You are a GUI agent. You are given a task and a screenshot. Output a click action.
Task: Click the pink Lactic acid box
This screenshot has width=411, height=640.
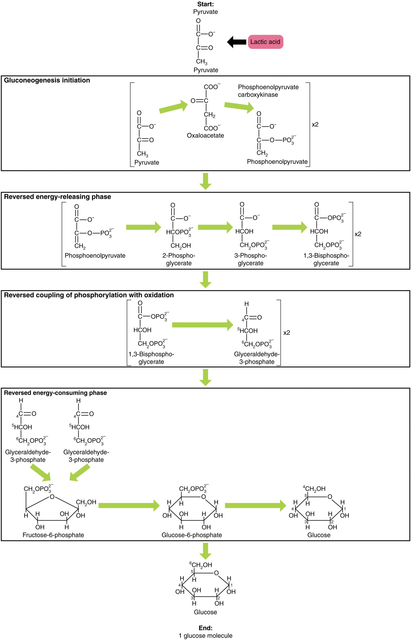point(265,42)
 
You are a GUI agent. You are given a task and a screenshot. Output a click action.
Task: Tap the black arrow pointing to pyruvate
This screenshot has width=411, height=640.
point(236,42)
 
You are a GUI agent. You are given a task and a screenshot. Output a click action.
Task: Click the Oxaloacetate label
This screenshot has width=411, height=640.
point(205,135)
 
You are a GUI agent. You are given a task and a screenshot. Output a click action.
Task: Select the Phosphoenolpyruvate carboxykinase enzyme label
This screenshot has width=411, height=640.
point(268,91)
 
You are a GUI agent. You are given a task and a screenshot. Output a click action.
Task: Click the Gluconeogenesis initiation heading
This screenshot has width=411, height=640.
point(47,80)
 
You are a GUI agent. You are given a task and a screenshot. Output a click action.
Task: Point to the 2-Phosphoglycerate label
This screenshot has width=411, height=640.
point(179,259)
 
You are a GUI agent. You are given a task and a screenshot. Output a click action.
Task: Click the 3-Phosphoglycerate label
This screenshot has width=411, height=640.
point(250,259)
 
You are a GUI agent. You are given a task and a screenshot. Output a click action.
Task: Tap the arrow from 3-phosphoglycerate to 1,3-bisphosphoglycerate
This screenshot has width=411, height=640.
point(289,227)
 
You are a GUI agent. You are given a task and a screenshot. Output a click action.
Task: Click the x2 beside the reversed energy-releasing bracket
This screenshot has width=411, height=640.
point(357,234)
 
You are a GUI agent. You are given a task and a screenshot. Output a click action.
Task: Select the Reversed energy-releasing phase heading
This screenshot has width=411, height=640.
point(57,197)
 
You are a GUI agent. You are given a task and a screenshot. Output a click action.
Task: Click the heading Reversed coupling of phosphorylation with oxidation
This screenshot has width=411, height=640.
point(89,295)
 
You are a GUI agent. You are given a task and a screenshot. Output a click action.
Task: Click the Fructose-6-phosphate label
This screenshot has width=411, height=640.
point(53,535)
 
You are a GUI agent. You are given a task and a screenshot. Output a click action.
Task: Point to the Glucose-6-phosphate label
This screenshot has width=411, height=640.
point(191,535)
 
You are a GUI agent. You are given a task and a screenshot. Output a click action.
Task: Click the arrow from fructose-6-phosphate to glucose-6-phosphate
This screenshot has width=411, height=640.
point(129,505)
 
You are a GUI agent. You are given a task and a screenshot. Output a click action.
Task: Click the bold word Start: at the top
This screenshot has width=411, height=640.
point(205,4)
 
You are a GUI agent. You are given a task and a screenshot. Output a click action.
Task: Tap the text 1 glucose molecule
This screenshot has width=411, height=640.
point(205,635)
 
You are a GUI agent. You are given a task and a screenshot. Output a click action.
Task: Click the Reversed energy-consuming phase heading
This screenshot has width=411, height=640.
point(55,392)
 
